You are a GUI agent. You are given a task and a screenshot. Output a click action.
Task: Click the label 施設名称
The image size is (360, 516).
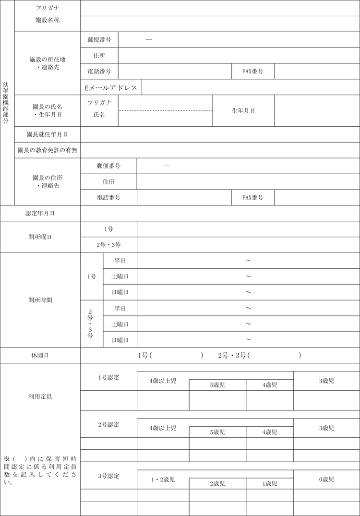click(48, 21)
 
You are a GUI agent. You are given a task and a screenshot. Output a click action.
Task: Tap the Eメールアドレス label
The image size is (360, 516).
click(111, 88)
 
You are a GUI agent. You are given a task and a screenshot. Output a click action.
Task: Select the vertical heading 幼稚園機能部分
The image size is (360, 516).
click(6, 103)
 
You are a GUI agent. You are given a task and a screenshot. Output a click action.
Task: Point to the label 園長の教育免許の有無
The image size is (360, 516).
click(48, 150)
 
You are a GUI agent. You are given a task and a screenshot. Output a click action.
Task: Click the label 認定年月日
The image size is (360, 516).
click(40, 214)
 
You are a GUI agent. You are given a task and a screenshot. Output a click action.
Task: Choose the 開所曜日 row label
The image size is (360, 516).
click(40, 237)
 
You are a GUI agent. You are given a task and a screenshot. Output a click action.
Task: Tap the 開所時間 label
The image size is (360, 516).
click(40, 300)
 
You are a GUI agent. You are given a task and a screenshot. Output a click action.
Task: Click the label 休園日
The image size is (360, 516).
click(40, 356)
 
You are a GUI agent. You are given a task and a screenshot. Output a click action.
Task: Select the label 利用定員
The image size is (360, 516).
click(40, 397)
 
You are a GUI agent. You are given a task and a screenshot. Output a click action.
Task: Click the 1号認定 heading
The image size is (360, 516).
click(108, 378)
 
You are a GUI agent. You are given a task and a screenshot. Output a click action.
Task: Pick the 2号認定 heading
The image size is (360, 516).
click(108, 425)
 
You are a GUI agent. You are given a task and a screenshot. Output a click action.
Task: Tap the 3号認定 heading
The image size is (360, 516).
click(108, 476)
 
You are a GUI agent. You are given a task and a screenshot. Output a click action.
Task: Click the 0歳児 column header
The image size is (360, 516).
click(326, 480)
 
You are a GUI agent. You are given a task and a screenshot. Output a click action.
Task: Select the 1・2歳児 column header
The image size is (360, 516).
click(163, 480)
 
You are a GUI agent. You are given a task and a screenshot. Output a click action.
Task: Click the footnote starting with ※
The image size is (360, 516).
click(40, 470)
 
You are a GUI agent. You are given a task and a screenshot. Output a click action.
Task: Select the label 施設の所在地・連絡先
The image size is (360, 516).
click(48, 63)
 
